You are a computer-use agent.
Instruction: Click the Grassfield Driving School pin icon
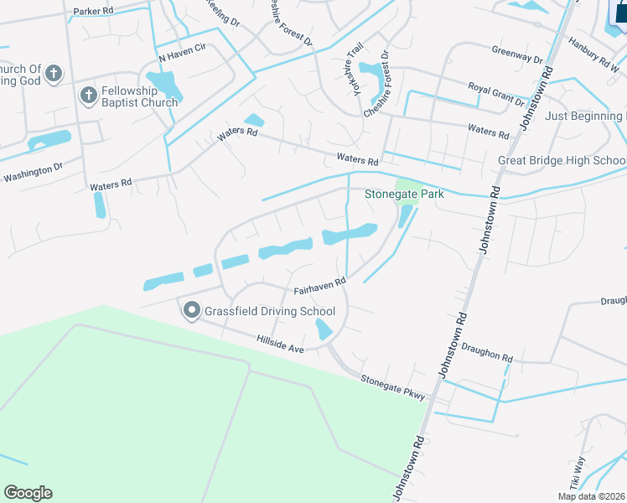pyautogui.click(x=191, y=312)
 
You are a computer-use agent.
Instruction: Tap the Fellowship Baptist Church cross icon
pyautogui.click(x=89, y=95)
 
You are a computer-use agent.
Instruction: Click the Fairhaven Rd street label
pyautogui.click(x=319, y=288)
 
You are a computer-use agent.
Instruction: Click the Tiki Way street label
pyautogui.click(x=578, y=473)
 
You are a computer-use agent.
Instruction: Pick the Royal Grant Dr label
pyautogui.click(x=496, y=95)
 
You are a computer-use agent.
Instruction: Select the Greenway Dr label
pyautogui.click(x=517, y=58)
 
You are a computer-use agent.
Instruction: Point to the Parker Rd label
pyautogui.click(x=93, y=12)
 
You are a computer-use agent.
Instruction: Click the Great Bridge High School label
pyautogui.click(x=562, y=160)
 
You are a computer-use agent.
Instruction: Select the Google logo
pyautogui.click(x=28, y=493)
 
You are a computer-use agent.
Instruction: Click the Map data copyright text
pyautogui.click(x=592, y=496)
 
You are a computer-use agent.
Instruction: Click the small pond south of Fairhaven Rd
pyautogui.click(x=324, y=329)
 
